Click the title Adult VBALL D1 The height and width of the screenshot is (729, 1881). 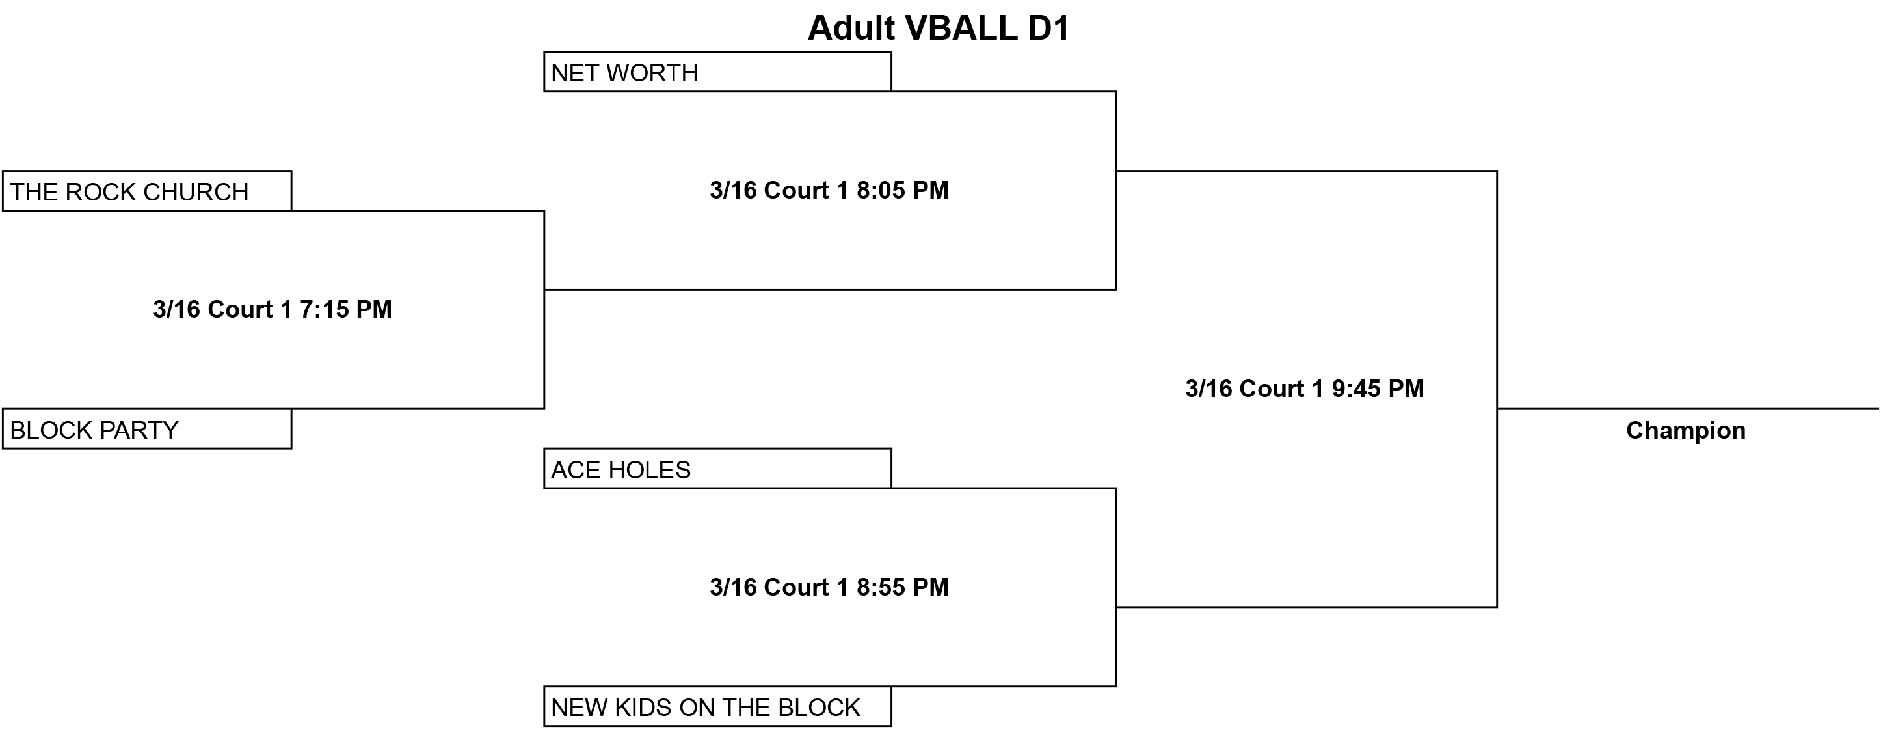tap(939, 29)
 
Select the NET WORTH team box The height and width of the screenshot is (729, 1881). tap(718, 72)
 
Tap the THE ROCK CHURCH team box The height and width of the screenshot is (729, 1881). tap(147, 191)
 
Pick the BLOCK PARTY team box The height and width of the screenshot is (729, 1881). tap(147, 429)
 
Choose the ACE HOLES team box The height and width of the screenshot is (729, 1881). tap(718, 468)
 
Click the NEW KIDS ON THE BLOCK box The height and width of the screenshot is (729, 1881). tap(718, 706)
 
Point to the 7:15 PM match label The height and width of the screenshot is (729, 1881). tap(273, 310)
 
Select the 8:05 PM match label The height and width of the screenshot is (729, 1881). tap(829, 191)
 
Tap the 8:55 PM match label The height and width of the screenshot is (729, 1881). tap(829, 587)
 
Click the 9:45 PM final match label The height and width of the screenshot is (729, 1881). tap(1305, 389)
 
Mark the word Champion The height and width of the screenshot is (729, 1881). tap(1686, 431)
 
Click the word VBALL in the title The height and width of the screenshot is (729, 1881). tap(961, 29)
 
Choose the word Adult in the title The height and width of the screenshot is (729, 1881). tap(851, 29)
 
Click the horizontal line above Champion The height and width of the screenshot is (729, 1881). tap(1688, 409)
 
